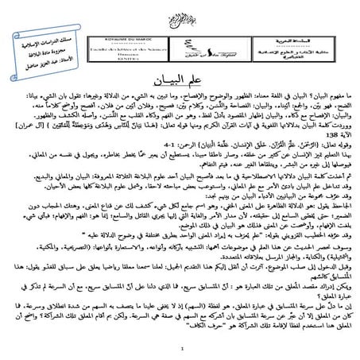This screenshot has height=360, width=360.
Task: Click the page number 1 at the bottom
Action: tap(182, 346)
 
